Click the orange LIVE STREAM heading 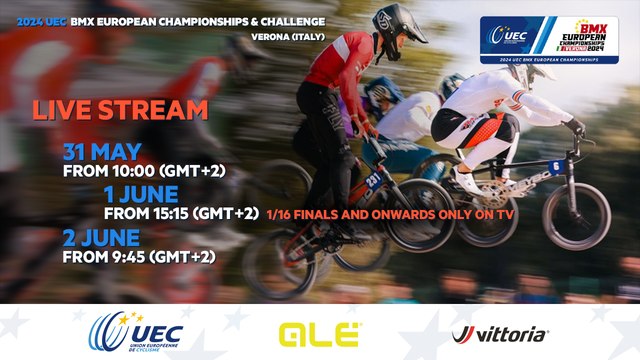click(120, 110)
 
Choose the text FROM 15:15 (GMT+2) click(182, 213)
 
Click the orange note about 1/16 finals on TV click(392, 213)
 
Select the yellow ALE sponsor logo click(320, 334)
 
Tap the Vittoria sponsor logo click(500, 334)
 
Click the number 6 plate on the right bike click(555, 166)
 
